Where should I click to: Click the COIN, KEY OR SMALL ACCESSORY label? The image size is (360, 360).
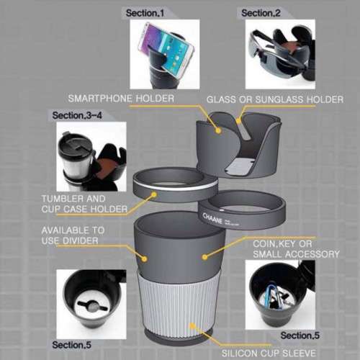296,248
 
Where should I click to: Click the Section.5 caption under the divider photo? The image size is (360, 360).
73,346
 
